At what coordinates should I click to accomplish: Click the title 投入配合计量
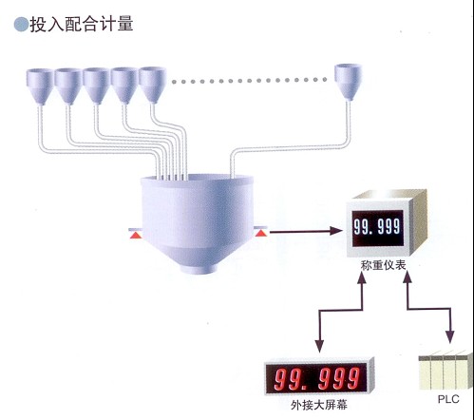[82, 25]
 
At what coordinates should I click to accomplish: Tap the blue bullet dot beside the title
[21, 25]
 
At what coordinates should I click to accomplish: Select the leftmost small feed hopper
[40, 86]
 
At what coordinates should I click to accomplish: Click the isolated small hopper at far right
[349, 82]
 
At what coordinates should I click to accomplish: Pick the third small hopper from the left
[96, 86]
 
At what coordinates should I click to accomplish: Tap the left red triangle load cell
[136, 235]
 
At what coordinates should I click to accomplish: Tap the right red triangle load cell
[261, 233]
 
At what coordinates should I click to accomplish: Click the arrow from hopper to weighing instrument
[306, 232]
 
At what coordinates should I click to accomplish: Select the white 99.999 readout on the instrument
[377, 227]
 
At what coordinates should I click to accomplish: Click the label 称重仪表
[383, 265]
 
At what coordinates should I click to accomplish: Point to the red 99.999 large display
[316, 378]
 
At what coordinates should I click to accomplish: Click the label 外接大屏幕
[319, 405]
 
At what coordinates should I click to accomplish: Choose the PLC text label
[448, 399]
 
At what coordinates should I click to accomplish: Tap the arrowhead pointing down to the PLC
[449, 337]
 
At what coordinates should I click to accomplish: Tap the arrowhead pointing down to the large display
[319, 346]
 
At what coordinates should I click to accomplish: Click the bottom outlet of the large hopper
[199, 269]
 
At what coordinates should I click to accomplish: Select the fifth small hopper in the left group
[153, 85]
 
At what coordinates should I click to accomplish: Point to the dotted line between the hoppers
[250, 81]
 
